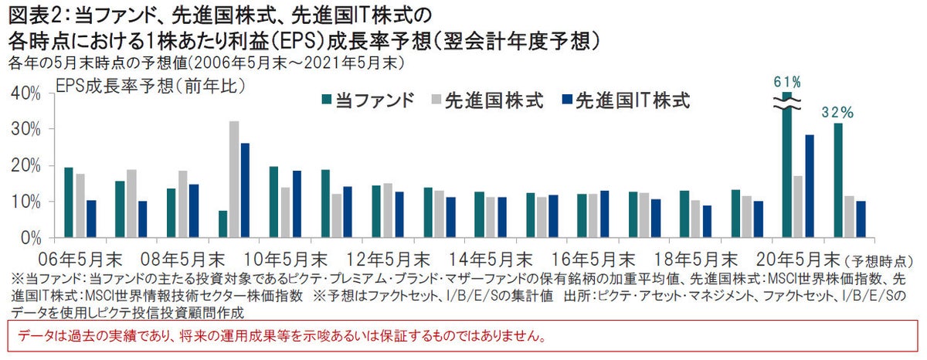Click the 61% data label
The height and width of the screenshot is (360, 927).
tap(786, 82)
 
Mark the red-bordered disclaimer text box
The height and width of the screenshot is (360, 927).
tap(463, 338)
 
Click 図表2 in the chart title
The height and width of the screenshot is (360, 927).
tap(33, 15)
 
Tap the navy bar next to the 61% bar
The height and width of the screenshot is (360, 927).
tap(809, 186)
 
